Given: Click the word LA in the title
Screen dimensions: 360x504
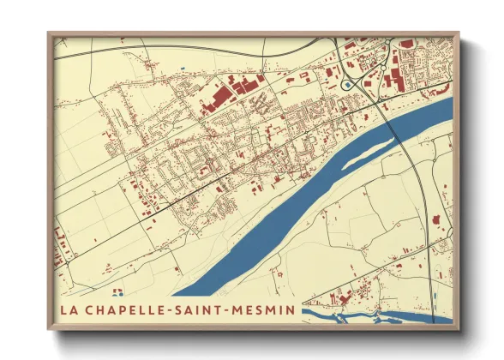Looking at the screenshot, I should pyautogui.click(x=69, y=309).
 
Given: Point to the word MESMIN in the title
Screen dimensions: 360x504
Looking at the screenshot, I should pyautogui.click(x=265, y=309).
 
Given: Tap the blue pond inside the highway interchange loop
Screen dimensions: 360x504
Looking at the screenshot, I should pyautogui.click(x=346, y=85).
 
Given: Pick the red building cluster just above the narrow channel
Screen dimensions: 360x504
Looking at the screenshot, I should pyautogui.click(x=343, y=299).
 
